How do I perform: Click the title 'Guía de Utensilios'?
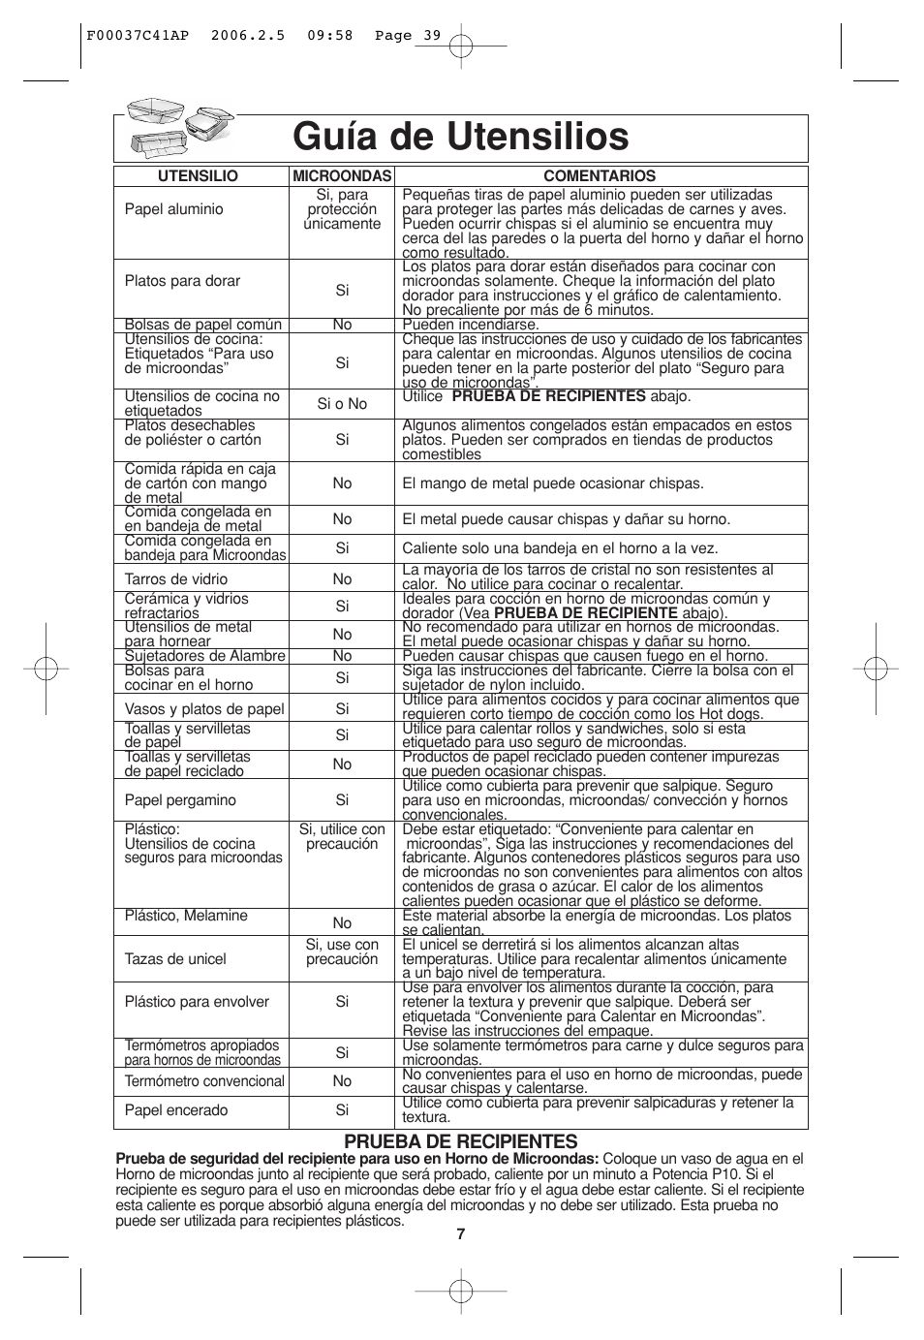tap(461, 136)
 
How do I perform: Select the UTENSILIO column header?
tap(199, 176)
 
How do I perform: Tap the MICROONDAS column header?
tap(342, 176)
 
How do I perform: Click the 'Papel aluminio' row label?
tap(173, 209)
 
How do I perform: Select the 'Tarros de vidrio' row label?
tap(175, 579)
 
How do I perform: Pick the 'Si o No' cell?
tap(342, 404)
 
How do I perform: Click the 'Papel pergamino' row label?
tap(180, 800)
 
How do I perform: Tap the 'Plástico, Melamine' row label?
tap(186, 916)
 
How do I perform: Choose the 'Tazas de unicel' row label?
tap(175, 959)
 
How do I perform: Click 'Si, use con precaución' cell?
tap(342, 951)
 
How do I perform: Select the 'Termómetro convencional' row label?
tap(204, 1081)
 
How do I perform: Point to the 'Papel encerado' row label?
tap(176, 1110)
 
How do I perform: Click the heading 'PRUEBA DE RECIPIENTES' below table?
tap(461, 1142)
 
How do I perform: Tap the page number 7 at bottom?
tap(461, 1234)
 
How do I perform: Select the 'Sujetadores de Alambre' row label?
tap(204, 656)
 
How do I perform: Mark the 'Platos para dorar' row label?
tap(182, 281)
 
